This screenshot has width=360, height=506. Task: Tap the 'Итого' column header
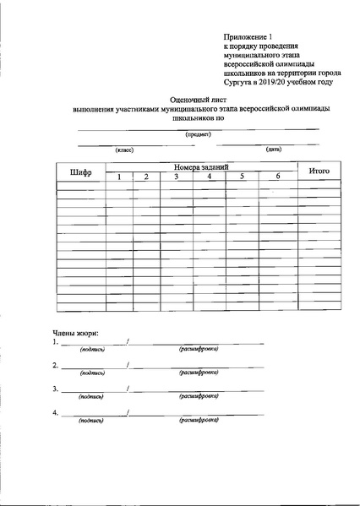[319, 171]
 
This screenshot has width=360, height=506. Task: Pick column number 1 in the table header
[119, 177]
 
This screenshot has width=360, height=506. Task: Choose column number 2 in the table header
[146, 177]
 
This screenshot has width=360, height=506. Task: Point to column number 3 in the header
[176, 177]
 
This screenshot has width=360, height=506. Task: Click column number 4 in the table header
[208, 177]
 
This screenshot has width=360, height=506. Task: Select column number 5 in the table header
[241, 177]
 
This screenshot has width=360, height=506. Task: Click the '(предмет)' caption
[199, 134]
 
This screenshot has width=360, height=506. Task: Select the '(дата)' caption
[273, 150]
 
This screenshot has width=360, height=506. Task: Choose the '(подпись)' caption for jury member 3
[92, 395]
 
